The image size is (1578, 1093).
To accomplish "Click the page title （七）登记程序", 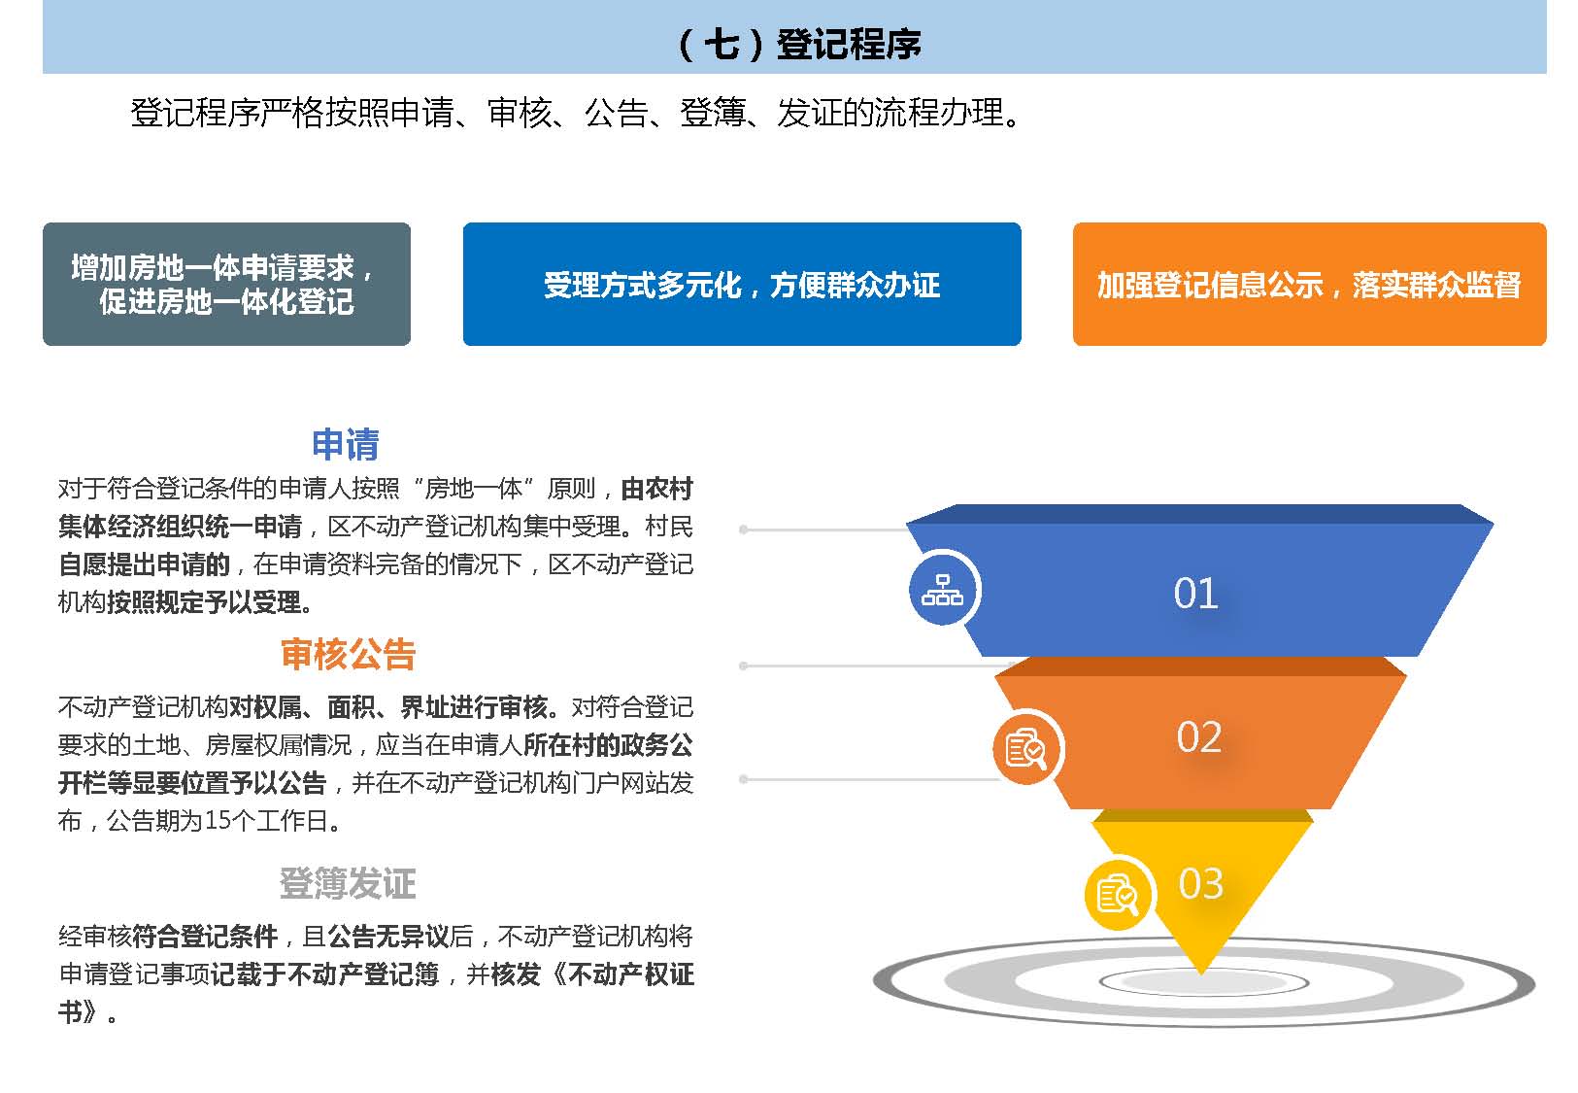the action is coord(799,44).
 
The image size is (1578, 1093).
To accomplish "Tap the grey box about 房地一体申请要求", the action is coord(226,284).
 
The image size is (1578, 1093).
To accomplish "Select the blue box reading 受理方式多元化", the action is coord(742,284).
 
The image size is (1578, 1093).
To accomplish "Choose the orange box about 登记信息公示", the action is coord(1310,284).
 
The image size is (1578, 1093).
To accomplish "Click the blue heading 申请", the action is coord(345,444).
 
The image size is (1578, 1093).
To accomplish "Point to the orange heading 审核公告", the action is coord(348,654).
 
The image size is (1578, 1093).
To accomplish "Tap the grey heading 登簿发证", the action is coord(348,883).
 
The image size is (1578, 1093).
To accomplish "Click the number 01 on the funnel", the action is coord(1195,594).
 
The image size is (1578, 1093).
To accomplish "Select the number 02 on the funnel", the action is coord(1198,737).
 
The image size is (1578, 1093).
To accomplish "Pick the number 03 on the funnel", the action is coord(1200,883).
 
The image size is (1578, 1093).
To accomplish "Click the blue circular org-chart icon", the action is coord(943,590).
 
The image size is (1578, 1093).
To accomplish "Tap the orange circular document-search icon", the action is coord(1025,749).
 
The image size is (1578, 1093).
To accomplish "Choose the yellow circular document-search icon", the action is coord(1118,896).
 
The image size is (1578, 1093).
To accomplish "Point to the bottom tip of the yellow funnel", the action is coord(1201,974).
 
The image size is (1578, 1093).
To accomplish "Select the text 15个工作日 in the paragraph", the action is coord(265,820).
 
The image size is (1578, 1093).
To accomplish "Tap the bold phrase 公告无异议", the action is coord(388,937).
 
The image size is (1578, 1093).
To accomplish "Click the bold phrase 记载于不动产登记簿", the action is coord(324,974).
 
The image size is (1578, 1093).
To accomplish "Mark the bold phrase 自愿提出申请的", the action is coord(145,564).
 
